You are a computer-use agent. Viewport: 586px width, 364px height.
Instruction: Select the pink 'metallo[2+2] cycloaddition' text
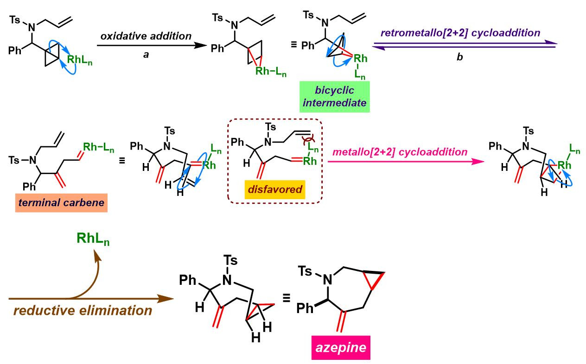pyautogui.click(x=401, y=151)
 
